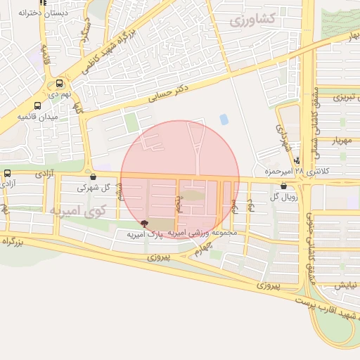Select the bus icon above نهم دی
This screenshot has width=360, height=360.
coord(58,82)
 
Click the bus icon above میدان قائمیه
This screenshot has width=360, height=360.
coord(37,105)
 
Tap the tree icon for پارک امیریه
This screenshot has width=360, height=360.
coord(145,224)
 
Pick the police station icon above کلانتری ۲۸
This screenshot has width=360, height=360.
coord(298,160)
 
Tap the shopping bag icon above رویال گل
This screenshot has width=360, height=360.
coord(283,186)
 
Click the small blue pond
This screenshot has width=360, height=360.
coord(224,119)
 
